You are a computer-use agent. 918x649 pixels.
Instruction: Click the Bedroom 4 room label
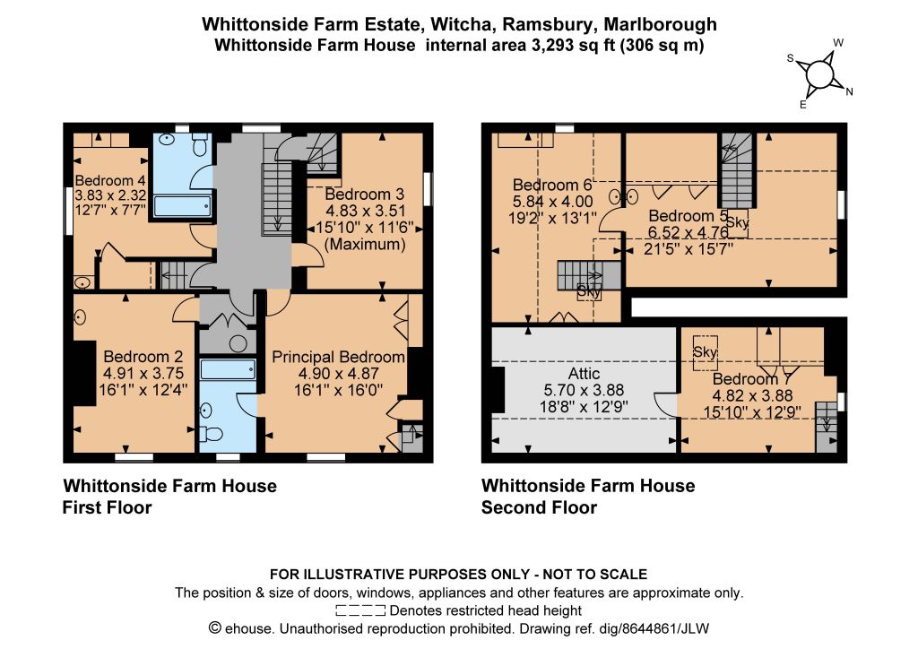pos(110,180)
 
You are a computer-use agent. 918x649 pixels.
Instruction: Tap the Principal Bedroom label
pos(338,357)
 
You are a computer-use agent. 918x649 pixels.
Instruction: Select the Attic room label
pos(584,374)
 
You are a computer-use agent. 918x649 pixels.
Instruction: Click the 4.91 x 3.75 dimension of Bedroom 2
pos(143,374)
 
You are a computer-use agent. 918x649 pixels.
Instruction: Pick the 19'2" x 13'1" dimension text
pos(552,219)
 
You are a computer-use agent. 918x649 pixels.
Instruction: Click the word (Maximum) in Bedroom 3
pos(365,244)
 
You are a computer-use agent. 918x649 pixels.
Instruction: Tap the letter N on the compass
pos(849,91)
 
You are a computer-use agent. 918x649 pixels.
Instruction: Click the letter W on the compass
pos(838,43)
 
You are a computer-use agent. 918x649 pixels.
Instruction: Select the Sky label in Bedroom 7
pos(705,352)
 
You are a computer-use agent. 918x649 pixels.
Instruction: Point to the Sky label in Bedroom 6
pos(588,290)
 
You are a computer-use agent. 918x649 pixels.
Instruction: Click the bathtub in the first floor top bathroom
pos(182,206)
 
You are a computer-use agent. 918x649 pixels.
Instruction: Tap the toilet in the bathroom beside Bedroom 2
pos(211,434)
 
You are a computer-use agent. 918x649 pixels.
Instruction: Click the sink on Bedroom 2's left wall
pos(80,317)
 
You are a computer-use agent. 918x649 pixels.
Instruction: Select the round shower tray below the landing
pos(238,343)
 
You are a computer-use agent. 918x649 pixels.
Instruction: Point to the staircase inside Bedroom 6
pos(588,275)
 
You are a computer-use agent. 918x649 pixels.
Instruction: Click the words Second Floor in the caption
pos(539,507)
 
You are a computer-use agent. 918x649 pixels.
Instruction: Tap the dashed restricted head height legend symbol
pos(360,611)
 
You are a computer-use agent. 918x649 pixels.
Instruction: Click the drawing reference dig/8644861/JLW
pos(654,629)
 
